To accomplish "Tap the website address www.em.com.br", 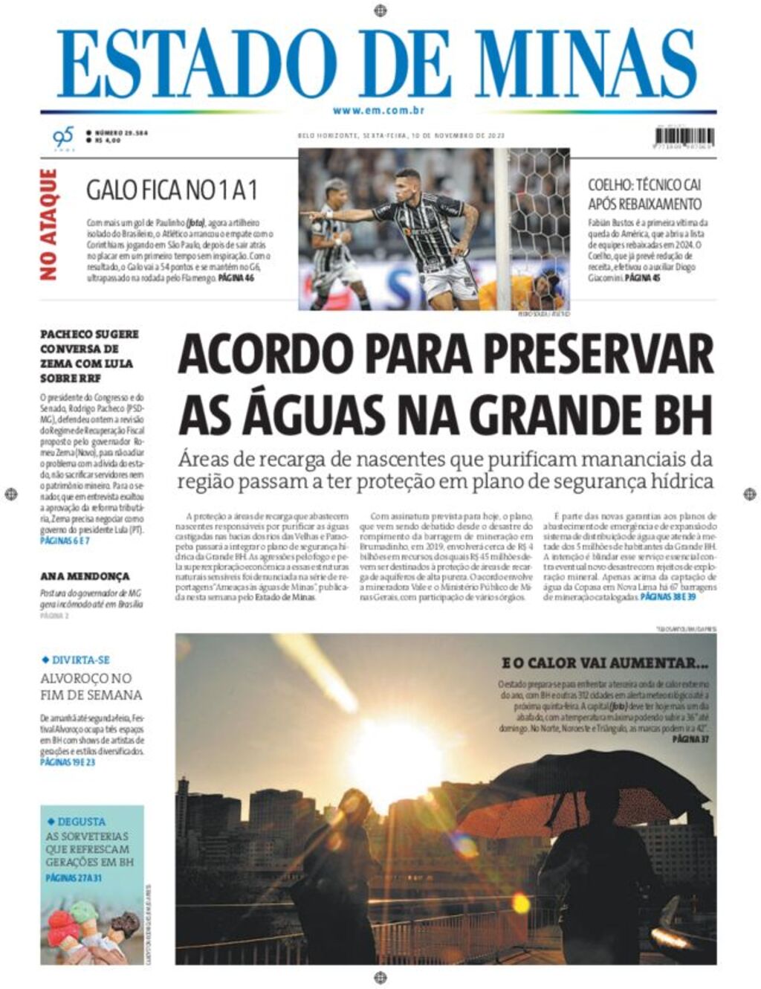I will tap(378, 111).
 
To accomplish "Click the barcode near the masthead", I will tap(684, 137).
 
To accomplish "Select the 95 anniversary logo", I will tap(63, 138).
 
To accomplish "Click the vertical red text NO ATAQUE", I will tap(48, 225).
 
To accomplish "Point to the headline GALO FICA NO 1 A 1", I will tap(172, 190).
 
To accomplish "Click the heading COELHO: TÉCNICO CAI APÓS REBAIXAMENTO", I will tap(644, 194).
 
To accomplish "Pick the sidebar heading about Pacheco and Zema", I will tap(89, 356).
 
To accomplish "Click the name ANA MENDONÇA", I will tap(85, 576).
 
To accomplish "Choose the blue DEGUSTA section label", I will tap(80, 822).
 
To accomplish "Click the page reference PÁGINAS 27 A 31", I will tap(73, 877).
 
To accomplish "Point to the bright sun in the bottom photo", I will tap(393, 750).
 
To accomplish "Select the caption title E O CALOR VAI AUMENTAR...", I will tap(605, 663).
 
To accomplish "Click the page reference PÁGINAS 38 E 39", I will tap(667, 597).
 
